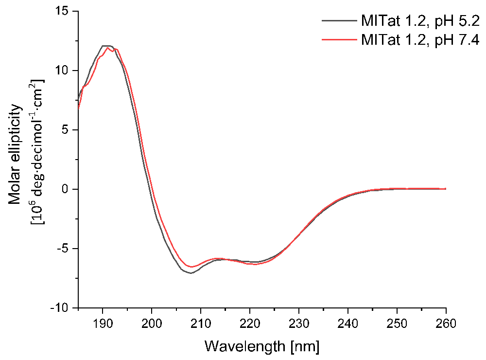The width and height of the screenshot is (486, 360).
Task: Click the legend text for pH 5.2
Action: (420, 21)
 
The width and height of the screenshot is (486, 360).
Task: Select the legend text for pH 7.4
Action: (420, 40)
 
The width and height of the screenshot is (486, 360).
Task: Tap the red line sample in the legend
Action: (339, 40)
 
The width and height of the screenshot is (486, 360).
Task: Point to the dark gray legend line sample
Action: (339, 21)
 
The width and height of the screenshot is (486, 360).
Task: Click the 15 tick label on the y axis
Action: (62, 12)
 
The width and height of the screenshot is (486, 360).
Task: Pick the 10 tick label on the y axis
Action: (62, 71)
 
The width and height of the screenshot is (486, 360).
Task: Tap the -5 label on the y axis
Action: (63, 249)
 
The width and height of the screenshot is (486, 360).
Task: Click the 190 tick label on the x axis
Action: (102, 324)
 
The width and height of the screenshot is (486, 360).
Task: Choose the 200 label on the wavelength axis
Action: (152, 324)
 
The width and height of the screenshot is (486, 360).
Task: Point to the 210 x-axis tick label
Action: (201, 324)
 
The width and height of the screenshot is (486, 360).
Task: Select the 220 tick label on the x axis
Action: (250, 324)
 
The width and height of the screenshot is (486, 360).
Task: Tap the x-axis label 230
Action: (299, 324)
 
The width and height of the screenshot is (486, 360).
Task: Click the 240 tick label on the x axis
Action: (348, 324)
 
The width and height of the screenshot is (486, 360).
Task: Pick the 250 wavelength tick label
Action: (397, 324)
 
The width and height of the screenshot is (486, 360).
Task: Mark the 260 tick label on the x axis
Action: (446, 324)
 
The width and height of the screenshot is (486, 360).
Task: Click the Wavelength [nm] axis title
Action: (262, 346)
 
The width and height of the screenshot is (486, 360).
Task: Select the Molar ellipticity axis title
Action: (16, 155)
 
